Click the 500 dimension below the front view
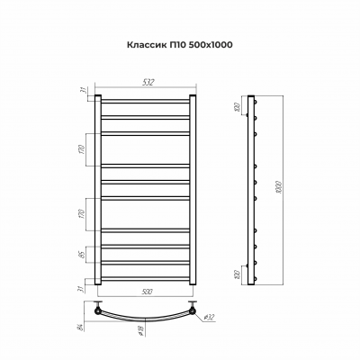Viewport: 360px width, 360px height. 144,291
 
